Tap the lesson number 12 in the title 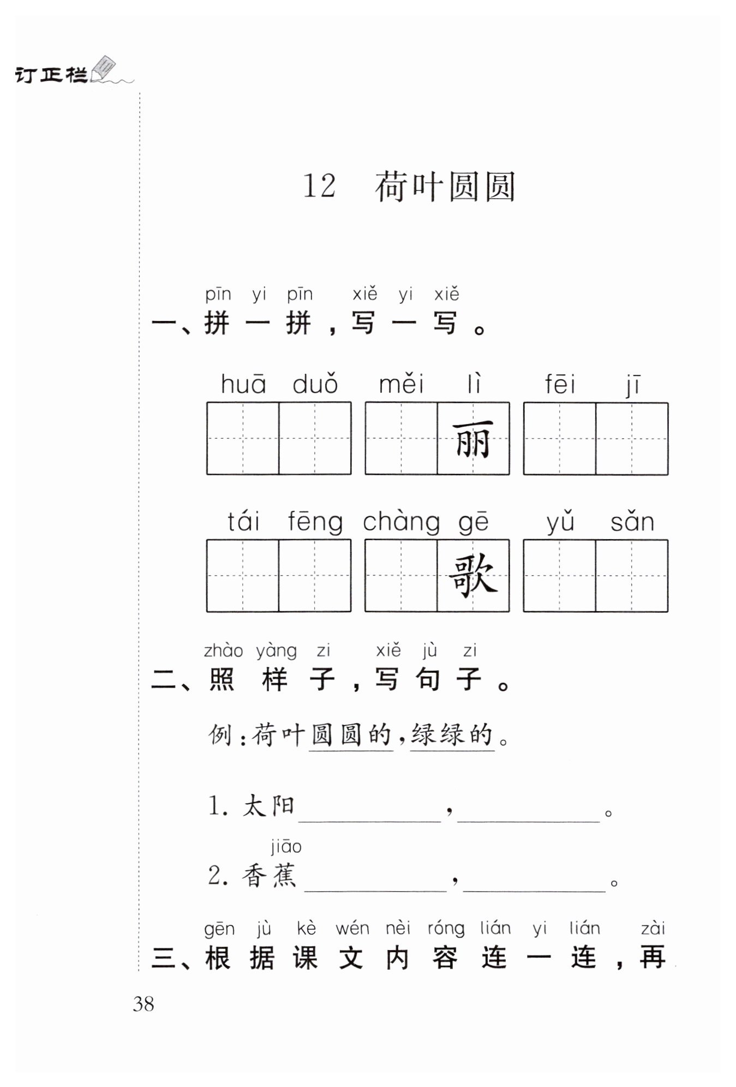tap(319, 186)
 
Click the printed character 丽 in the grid tap(473, 439)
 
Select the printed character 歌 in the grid tap(473, 576)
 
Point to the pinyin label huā tap(243, 384)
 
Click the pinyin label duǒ tap(315, 384)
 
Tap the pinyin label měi tap(402, 384)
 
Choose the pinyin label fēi tap(560, 384)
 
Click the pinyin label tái tap(243, 522)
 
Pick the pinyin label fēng tap(315, 523)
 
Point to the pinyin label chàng tap(402, 523)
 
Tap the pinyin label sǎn tap(632, 522)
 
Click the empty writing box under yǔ tap(560, 576)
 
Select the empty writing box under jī tap(632, 439)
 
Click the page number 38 tap(143, 1004)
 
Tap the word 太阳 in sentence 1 tap(269, 806)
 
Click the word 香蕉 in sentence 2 tap(269, 876)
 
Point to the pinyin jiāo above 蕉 tap(286, 847)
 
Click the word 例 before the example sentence tap(221, 735)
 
